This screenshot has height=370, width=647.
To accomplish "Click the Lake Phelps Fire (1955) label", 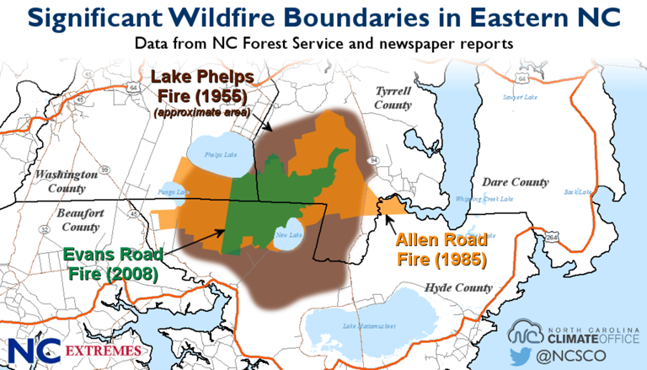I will click(202, 87).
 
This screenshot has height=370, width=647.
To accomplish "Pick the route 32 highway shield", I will click(41, 228).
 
